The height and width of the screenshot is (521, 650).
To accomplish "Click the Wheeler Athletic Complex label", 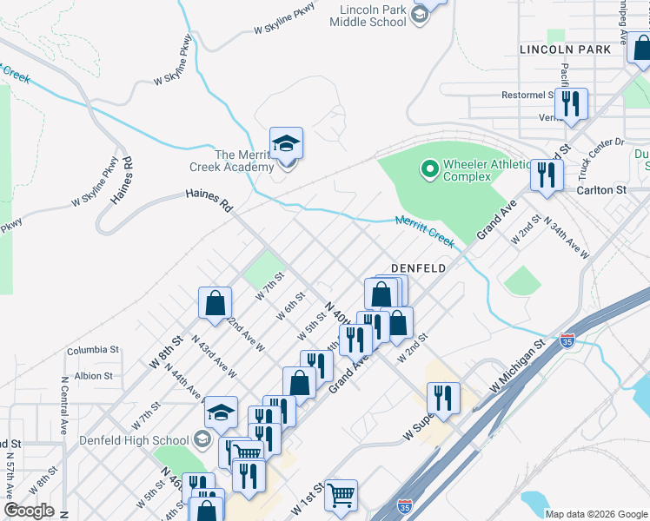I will click(x=486, y=170).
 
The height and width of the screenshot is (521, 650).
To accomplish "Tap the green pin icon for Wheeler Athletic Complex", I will click(x=428, y=168).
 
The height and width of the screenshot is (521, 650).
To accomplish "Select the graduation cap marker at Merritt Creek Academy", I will click(x=285, y=144).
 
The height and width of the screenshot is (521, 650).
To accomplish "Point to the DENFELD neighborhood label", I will click(x=418, y=268).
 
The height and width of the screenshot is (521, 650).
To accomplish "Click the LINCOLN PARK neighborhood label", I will click(x=565, y=49).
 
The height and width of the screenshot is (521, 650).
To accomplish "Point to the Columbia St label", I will click(x=93, y=350).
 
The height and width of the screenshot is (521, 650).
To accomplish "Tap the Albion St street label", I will click(x=93, y=376).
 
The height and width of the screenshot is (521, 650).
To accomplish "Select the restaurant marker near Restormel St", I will click(x=571, y=104).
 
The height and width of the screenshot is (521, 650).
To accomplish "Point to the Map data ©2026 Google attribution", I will click(x=596, y=514).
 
